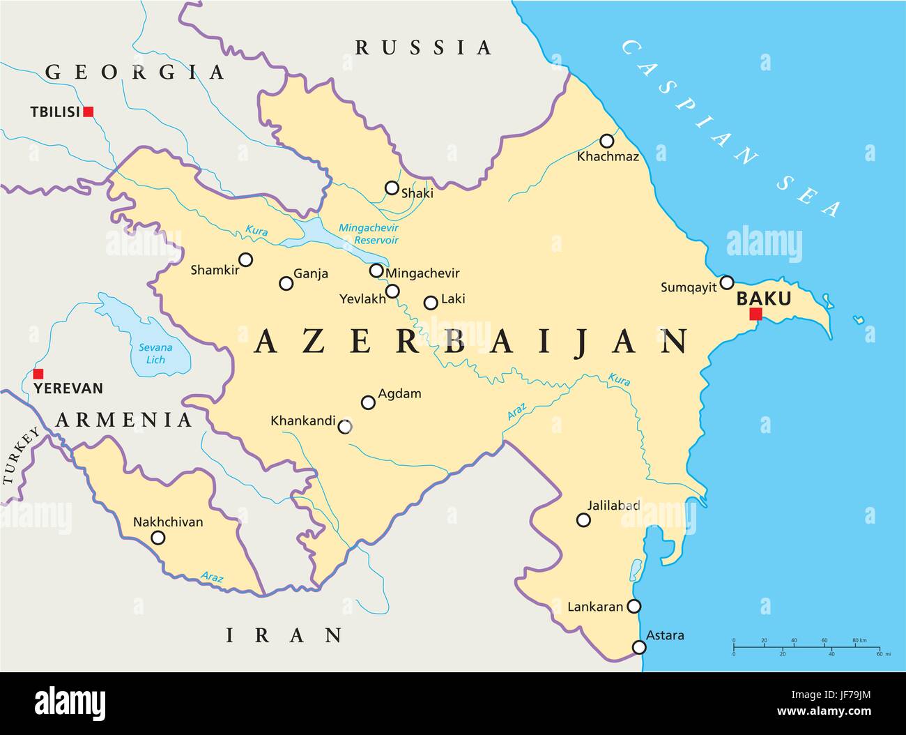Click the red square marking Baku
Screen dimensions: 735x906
point(755,315)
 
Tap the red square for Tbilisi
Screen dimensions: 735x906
point(89,112)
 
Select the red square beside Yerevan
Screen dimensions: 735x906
point(38,374)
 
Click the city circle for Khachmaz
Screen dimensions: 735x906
point(607,141)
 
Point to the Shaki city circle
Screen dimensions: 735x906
point(392,188)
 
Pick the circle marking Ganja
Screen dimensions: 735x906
point(286,283)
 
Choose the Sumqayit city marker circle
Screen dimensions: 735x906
point(727,282)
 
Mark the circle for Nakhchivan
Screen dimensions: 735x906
point(158,538)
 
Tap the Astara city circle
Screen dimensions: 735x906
point(639,648)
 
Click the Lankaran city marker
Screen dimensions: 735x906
point(634,606)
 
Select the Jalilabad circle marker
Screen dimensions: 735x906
point(584,520)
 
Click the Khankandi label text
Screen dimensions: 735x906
point(302,421)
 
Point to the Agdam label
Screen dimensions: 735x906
point(399,393)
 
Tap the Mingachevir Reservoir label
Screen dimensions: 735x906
point(367,234)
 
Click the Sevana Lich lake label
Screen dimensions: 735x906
point(155,353)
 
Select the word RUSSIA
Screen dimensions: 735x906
point(424,47)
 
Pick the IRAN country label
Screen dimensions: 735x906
point(284,635)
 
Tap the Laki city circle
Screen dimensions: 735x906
point(431,303)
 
